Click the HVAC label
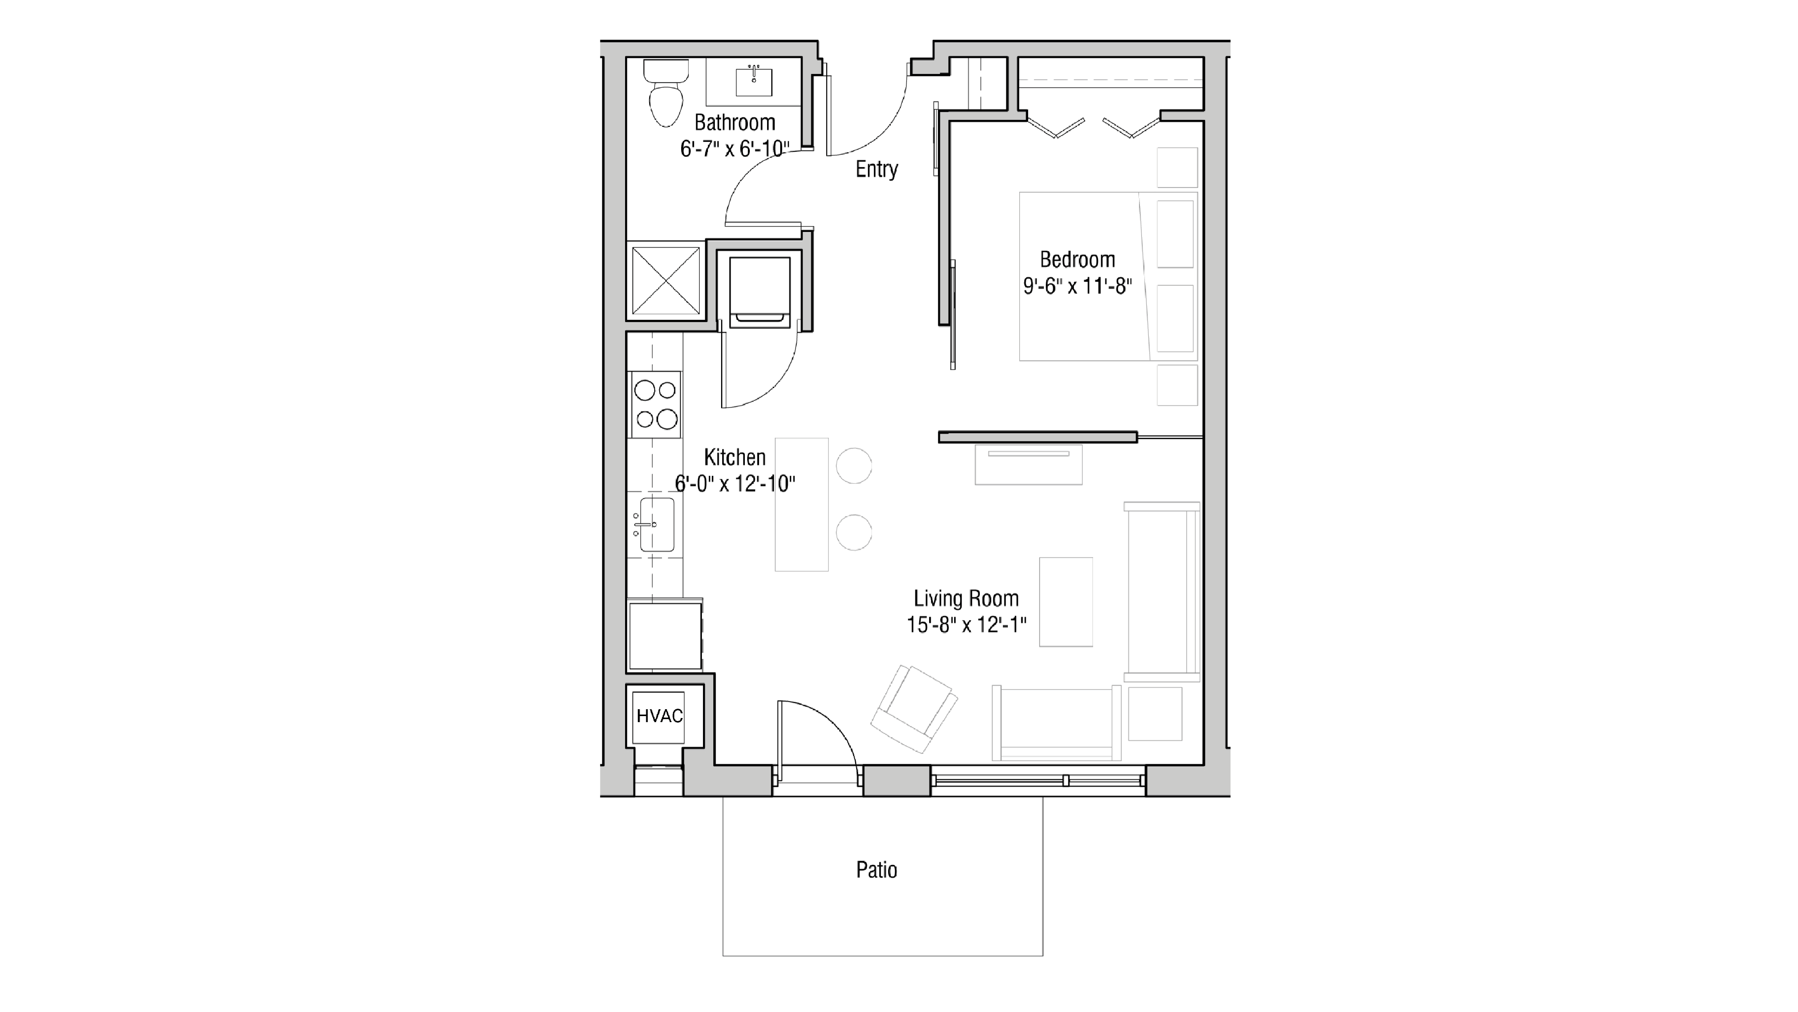pos(659,716)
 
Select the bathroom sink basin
pos(754,82)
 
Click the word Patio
pos(877,870)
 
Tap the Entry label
pos(877,169)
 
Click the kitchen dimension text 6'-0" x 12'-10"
pos(735,484)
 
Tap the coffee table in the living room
pos(1066,602)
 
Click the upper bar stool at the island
pos(854,465)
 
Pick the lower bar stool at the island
pos(854,533)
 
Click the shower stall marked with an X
pos(666,281)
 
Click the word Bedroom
pos(1077,260)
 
